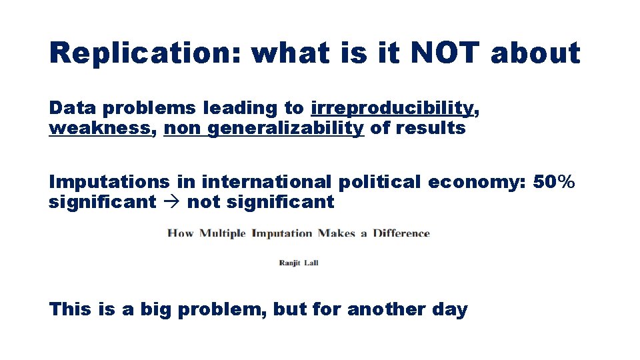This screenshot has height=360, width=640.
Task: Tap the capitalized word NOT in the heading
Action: (x=443, y=53)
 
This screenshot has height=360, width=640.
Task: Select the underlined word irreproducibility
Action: (x=392, y=108)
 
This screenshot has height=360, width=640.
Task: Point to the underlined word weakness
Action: (x=100, y=128)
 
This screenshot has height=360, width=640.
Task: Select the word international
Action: (x=265, y=182)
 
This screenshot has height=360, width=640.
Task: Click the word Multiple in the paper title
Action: (x=222, y=233)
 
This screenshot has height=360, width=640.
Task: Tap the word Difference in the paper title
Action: (x=401, y=233)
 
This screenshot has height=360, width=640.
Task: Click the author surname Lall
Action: (x=311, y=263)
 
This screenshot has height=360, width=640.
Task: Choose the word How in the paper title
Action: (x=181, y=233)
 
